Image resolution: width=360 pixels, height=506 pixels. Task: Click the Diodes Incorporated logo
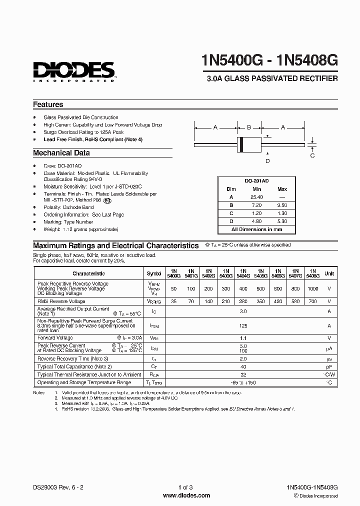[74, 71]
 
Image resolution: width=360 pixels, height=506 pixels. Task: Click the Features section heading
[48, 104]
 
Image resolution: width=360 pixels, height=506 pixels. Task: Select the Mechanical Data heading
[61, 153]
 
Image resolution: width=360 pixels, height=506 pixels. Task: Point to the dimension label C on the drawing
[312, 155]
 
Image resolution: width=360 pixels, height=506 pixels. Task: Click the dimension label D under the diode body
[267, 160]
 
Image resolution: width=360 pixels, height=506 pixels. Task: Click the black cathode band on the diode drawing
[241, 144]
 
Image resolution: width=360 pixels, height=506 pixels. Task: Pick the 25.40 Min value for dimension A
[257, 197]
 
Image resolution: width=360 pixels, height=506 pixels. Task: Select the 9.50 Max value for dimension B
[282, 205]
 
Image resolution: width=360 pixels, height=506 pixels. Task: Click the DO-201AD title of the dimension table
[256, 181]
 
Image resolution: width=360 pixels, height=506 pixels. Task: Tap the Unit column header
[329, 273]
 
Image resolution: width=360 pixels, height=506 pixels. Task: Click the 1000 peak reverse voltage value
[312, 288]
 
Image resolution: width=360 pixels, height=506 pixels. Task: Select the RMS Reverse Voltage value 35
[173, 301]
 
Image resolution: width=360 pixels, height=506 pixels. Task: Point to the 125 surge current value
[243, 325]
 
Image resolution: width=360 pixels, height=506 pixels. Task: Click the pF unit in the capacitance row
[329, 366]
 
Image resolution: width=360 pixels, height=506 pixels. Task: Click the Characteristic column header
[88, 273]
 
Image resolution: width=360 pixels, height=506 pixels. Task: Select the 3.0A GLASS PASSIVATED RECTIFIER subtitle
[272, 78]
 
